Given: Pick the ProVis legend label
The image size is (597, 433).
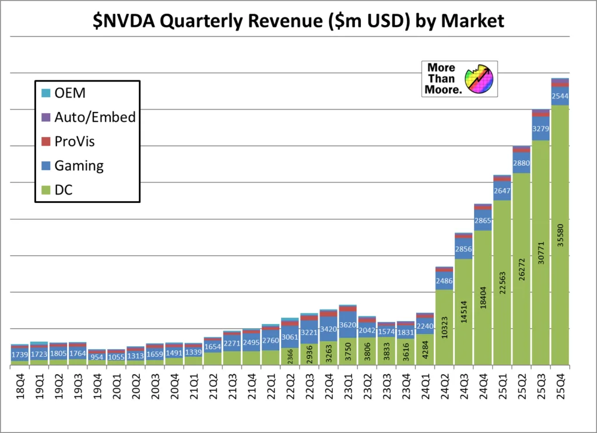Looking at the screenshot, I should coord(74,142).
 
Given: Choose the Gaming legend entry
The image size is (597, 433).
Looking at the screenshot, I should coord(79,166).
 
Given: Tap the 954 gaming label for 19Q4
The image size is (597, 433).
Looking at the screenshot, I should coord(97,356).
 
